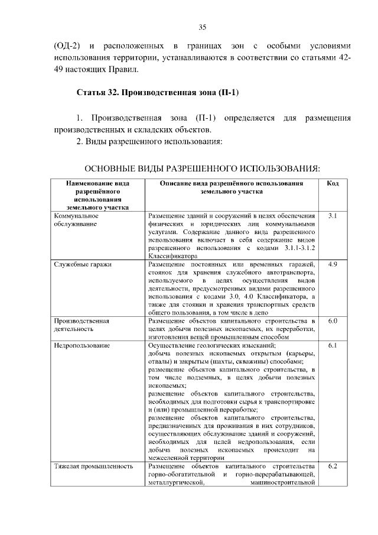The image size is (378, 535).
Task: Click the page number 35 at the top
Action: click(202, 27)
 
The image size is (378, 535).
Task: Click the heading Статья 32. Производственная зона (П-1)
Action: click(157, 93)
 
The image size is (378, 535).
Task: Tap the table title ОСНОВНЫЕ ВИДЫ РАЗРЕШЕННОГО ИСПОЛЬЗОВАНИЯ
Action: click(203, 169)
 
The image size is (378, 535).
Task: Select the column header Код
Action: click(332, 184)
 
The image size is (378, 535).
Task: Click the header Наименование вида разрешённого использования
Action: click(97, 196)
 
